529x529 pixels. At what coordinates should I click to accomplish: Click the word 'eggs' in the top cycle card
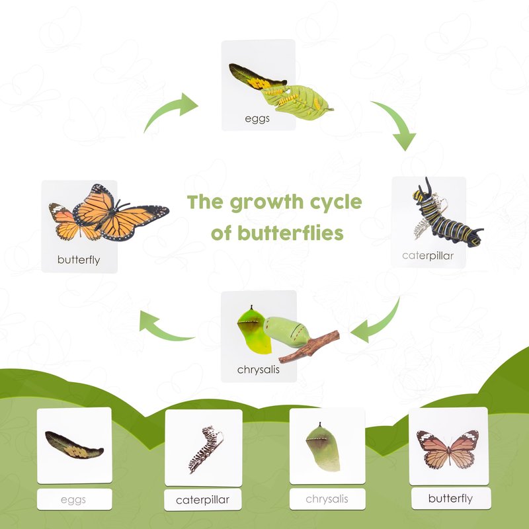[257, 119]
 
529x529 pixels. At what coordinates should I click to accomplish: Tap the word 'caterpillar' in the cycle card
[428, 256]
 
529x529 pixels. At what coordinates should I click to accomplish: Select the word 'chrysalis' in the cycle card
[259, 370]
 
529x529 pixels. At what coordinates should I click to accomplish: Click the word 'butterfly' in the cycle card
[79, 260]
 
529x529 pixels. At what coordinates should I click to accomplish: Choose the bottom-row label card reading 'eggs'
[74, 499]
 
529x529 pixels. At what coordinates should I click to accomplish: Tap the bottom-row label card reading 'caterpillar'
[203, 500]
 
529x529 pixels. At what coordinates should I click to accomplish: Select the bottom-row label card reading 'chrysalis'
[327, 499]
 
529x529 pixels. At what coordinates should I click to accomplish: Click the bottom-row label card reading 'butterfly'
[451, 499]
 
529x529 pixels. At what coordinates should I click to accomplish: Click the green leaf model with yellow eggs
[296, 102]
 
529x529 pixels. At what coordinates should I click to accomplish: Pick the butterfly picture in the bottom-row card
[448, 450]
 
